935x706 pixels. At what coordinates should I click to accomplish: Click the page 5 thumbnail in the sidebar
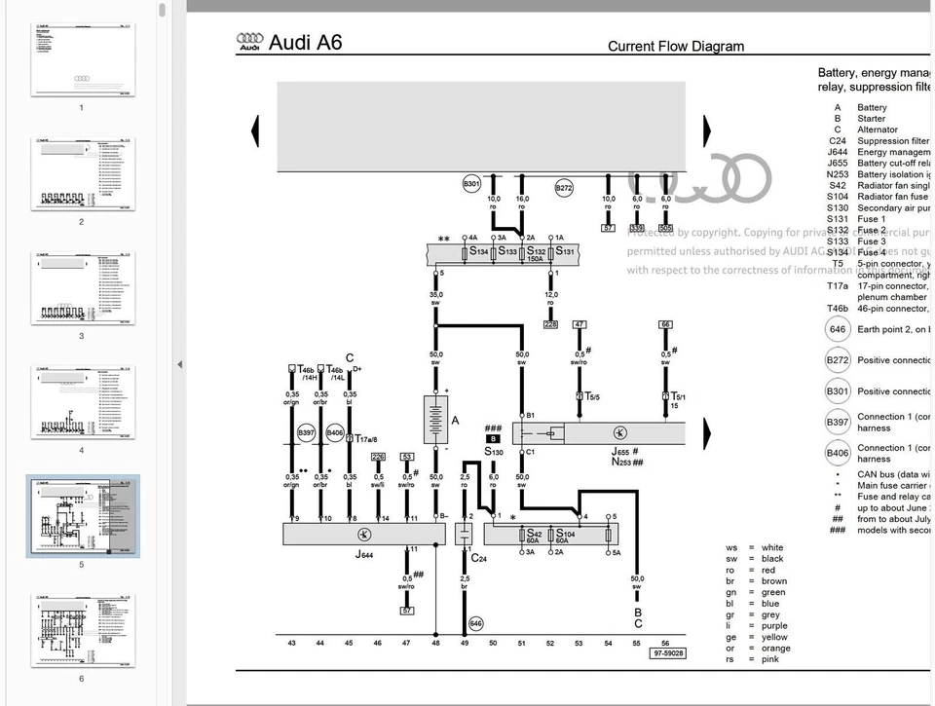[83, 517]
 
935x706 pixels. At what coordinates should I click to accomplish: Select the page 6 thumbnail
[82, 630]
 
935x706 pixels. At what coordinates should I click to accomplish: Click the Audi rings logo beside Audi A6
[250, 41]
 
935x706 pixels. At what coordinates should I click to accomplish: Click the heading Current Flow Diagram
[675, 46]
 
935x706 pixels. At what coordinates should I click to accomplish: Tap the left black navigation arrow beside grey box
[255, 130]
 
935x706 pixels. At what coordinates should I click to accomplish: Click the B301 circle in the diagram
[471, 183]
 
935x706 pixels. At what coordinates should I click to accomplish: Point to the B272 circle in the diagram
[564, 188]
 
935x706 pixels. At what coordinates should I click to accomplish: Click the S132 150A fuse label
[536, 253]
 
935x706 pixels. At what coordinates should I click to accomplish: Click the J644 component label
[362, 554]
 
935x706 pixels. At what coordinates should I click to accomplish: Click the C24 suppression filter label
[479, 557]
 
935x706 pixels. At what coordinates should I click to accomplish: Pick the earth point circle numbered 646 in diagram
[475, 623]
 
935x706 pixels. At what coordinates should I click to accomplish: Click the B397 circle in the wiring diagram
[306, 431]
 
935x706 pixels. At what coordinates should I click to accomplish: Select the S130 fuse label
[494, 452]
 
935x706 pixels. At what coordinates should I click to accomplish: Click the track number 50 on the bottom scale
[493, 643]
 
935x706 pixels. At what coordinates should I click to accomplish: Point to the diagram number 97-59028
[668, 653]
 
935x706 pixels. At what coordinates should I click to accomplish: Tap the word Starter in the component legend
[871, 119]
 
